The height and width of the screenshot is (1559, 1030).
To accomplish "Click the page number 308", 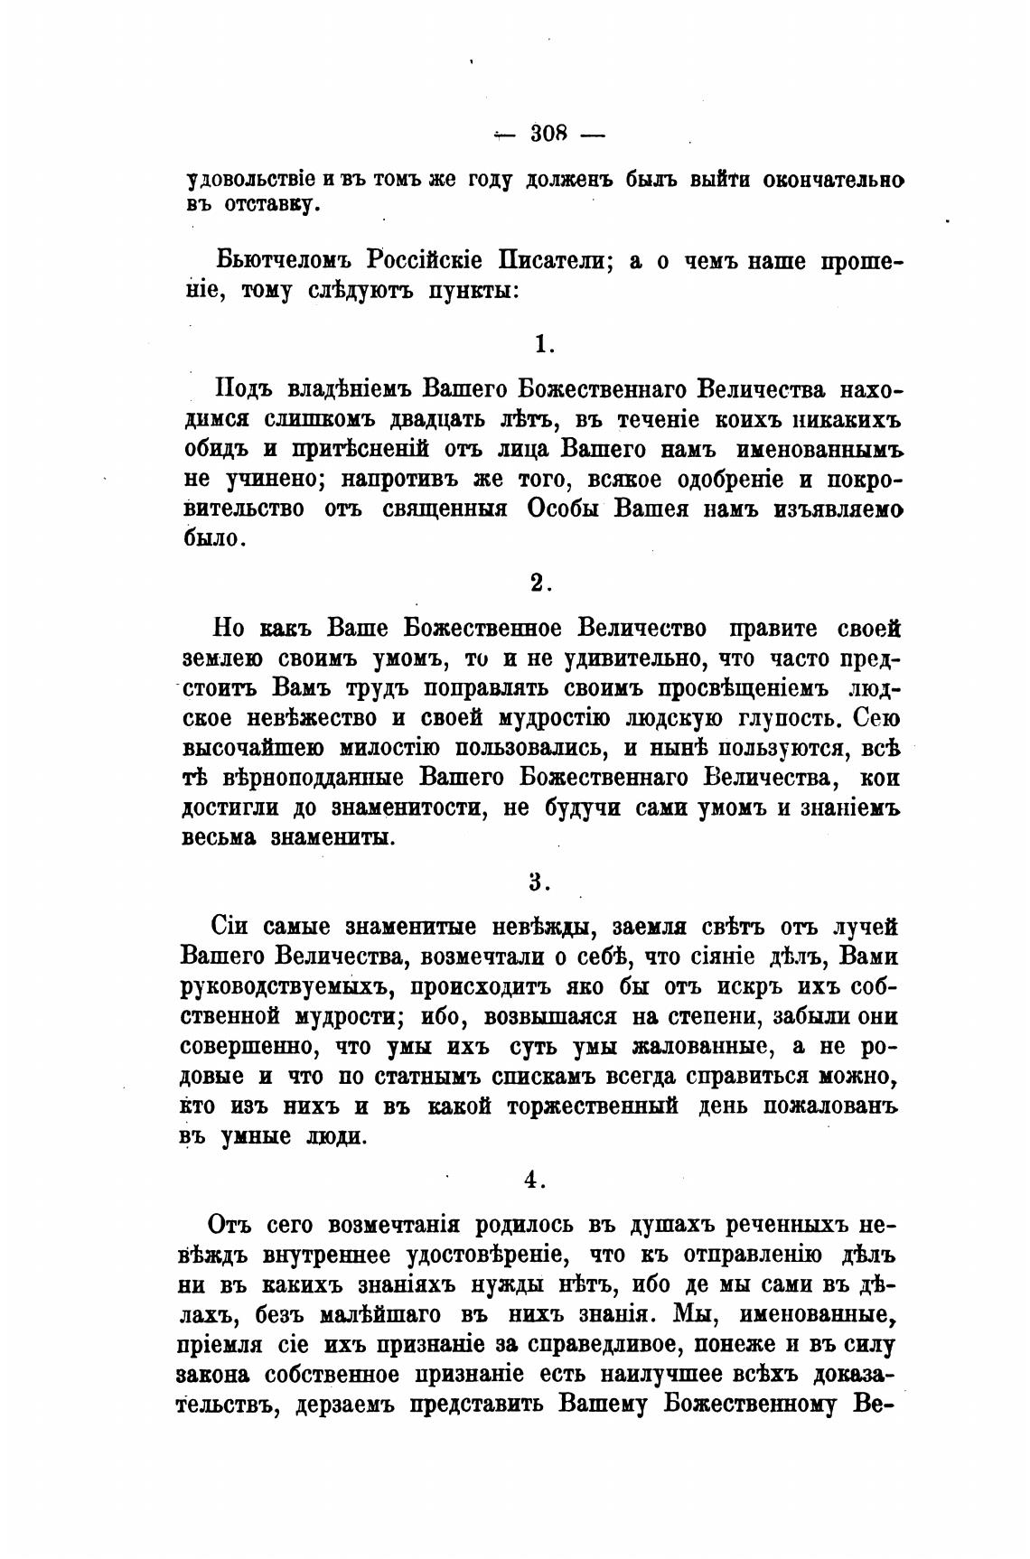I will tap(548, 134).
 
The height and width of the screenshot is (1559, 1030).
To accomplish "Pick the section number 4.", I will tap(533, 1178).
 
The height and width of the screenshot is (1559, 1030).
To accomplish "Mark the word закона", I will tap(216, 1374).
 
